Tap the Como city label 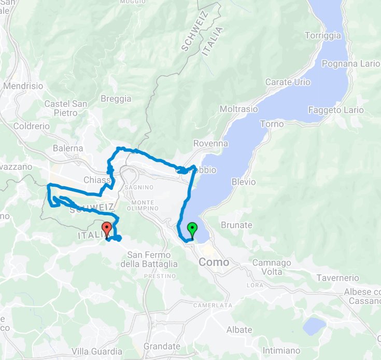[x=214, y=262]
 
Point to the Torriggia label [x=323, y=36]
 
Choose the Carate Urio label [x=288, y=82]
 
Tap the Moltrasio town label [x=238, y=109]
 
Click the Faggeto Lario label [x=335, y=110]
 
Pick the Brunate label [x=236, y=225]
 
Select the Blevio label [x=244, y=182]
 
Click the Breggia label [x=116, y=99]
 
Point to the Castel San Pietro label [x=65, y=108]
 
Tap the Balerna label [x=68, y=148]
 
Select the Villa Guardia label [x=97, y=351]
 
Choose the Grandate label [x=162, y=346]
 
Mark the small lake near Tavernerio [x=315, y=326]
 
